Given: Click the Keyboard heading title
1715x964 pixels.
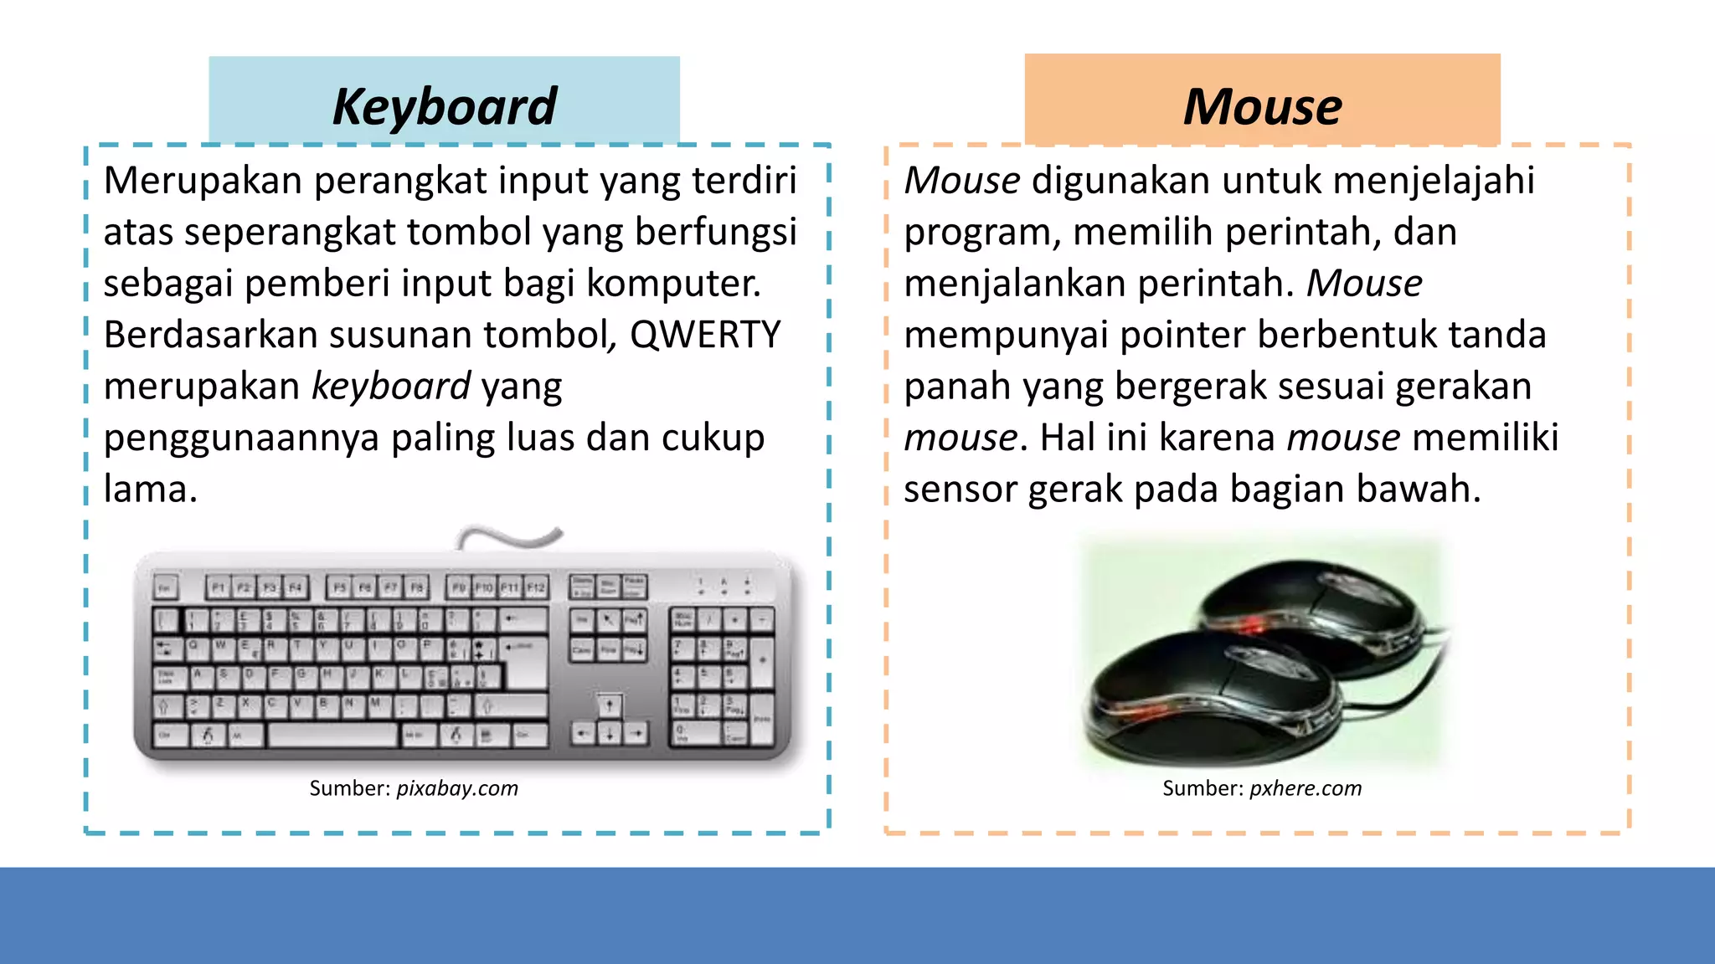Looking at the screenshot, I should [444, 106].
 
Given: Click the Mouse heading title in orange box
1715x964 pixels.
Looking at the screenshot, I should [1262, 106].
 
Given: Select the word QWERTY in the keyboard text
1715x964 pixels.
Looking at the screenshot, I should [705, 335].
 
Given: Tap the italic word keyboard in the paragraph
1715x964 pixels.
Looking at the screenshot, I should [391, 387].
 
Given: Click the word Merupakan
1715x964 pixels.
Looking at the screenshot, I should [203, 181].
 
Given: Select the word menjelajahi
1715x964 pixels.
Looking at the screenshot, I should [1434, 181].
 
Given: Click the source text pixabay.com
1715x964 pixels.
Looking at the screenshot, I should [457, 788].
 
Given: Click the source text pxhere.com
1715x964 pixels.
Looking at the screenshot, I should [1306, 788].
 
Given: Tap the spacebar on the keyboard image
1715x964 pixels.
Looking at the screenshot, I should [332, 736].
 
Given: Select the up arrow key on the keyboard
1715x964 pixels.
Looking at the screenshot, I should [609, 705].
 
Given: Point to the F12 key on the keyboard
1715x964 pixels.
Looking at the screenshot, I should [536, 587].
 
